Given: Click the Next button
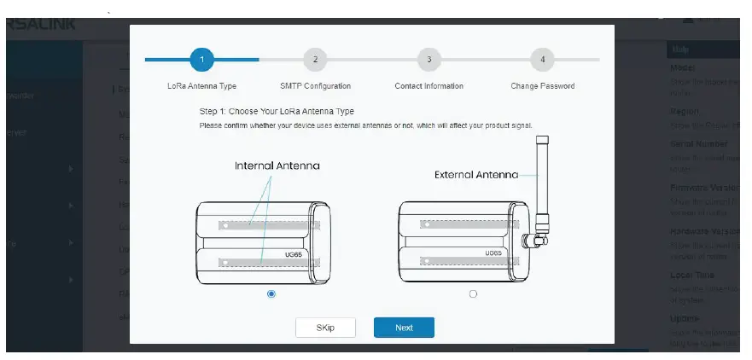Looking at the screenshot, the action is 404,328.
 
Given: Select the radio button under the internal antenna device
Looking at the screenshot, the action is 271,293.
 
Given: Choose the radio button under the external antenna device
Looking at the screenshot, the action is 473,293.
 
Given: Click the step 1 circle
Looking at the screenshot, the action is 201,60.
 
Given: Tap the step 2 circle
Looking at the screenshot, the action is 315,60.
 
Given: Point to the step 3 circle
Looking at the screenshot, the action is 428,60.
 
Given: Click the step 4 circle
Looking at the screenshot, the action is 542,60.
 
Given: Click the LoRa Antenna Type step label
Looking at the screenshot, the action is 201,86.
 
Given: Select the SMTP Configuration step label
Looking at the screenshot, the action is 315,86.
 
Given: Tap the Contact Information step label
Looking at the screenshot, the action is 428,86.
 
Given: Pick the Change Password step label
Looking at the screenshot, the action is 542,86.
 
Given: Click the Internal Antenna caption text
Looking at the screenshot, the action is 277,165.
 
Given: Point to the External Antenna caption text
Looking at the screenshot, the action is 476,175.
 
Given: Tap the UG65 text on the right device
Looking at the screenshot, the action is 493,253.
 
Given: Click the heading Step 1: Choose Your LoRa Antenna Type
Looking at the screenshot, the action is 277,112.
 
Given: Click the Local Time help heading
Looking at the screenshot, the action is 692,276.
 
